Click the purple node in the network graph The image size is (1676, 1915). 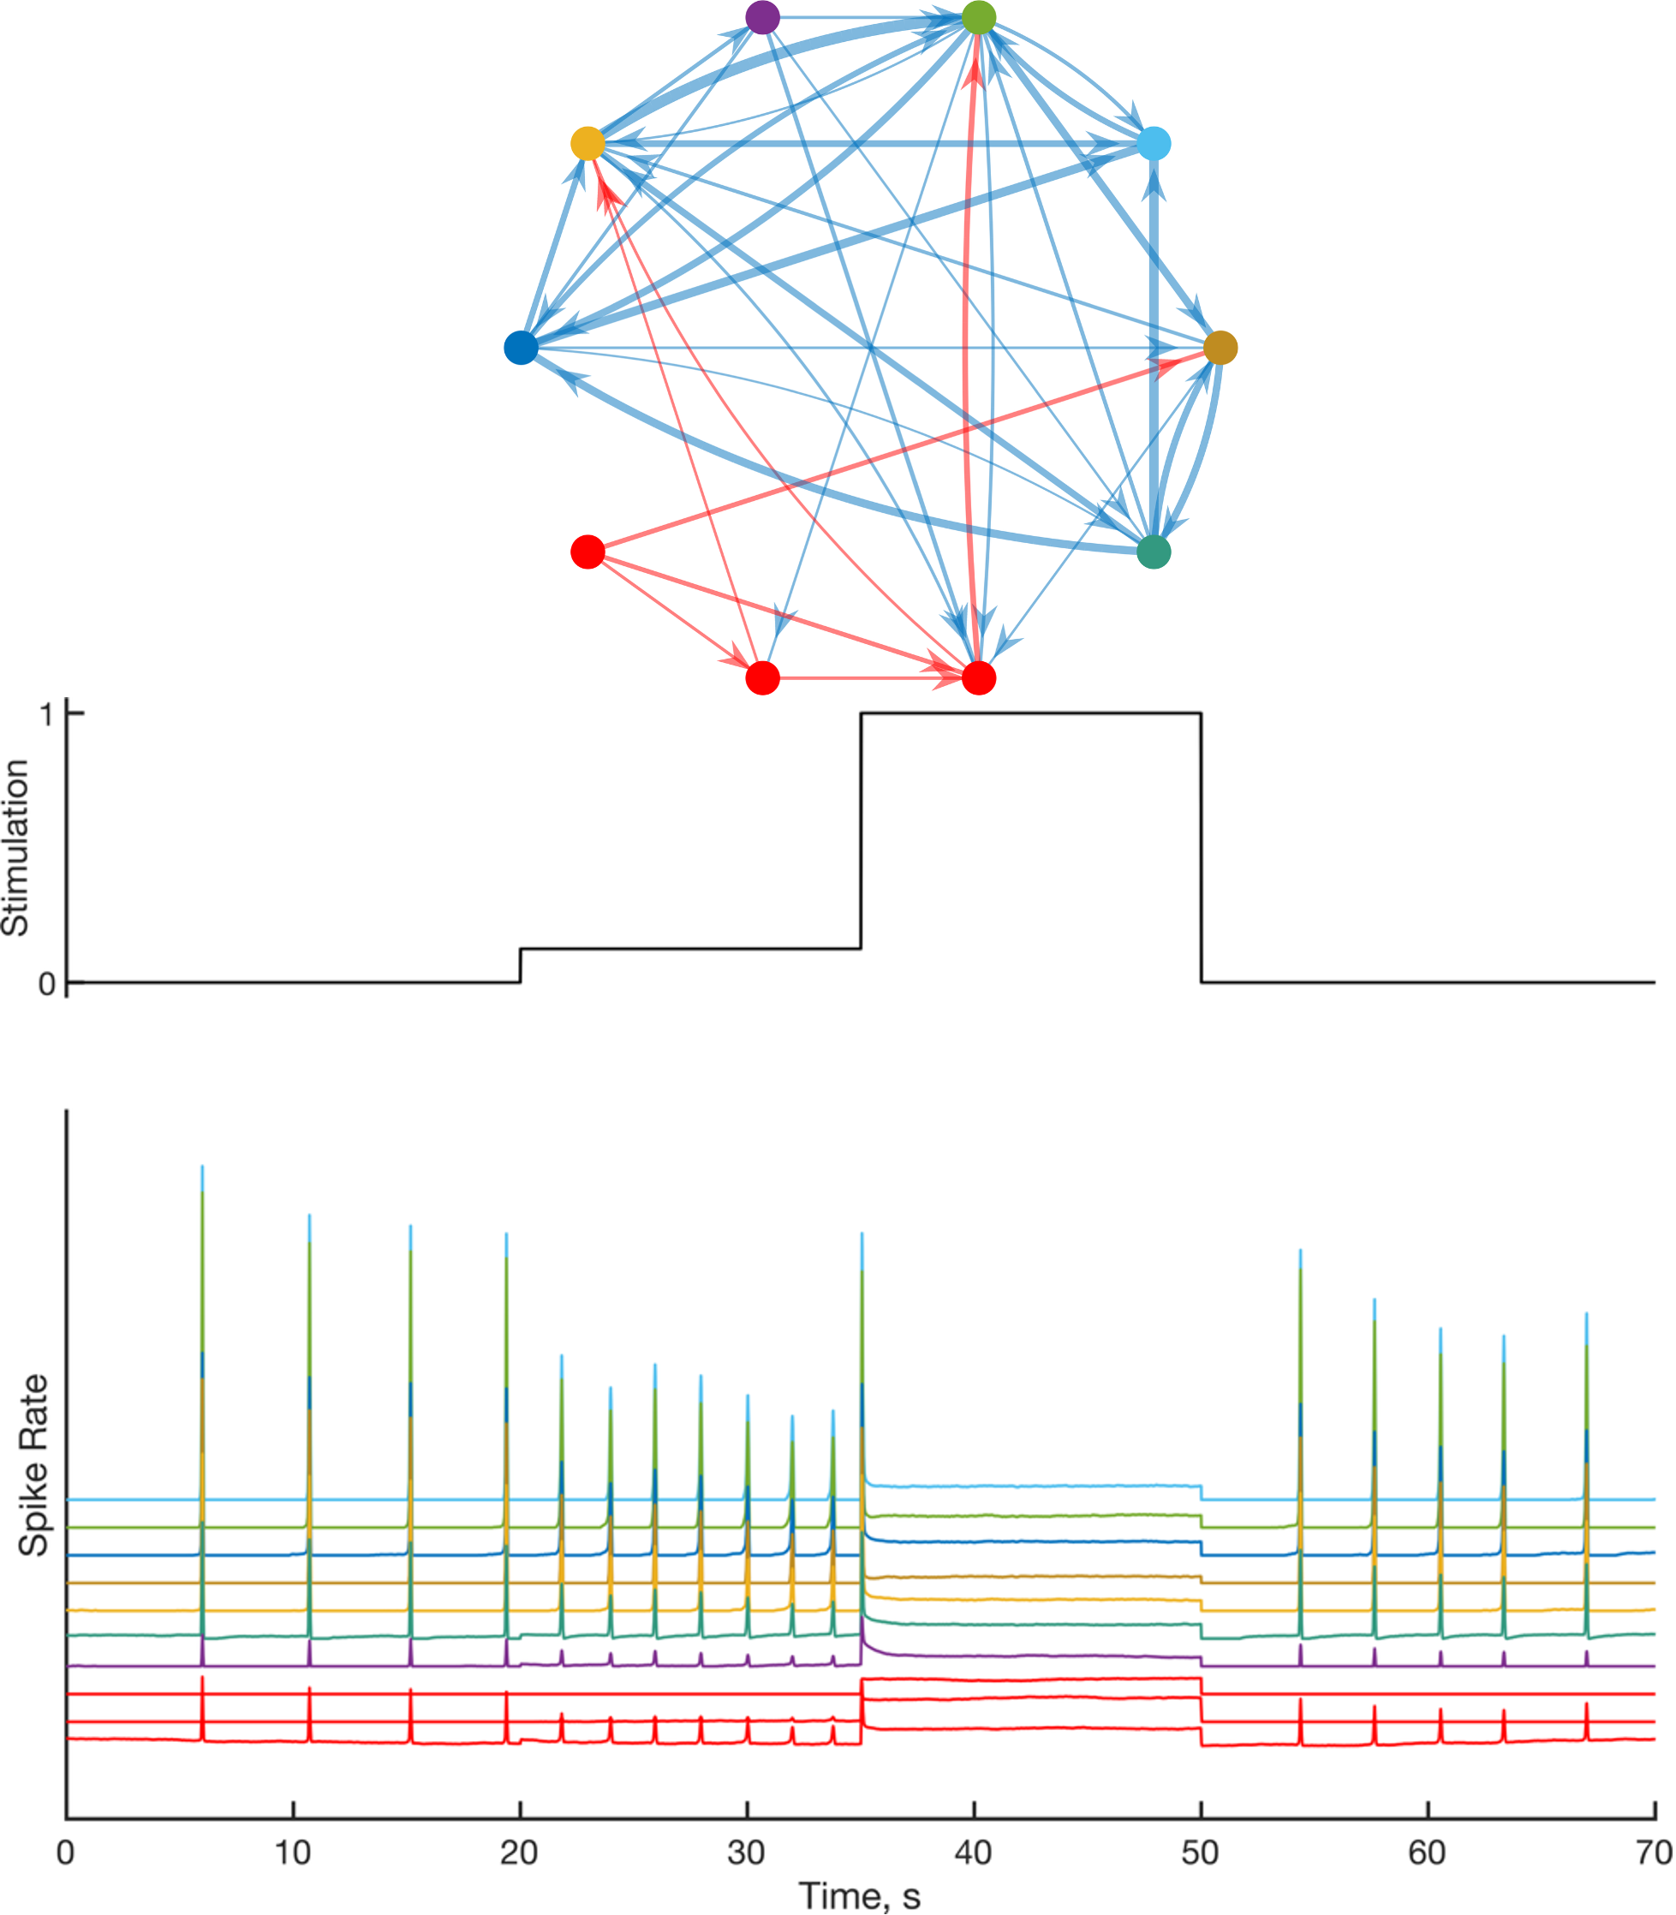click(762, 17)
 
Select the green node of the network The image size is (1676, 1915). click(978, 17)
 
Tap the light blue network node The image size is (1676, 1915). click(1154, 144)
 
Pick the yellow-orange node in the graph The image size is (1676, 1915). click(587, 144)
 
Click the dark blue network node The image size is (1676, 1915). click(521, 347)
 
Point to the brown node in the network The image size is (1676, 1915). click(1220, 347)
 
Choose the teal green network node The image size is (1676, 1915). click(1154, 552)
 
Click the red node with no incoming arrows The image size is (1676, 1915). click(587, 552)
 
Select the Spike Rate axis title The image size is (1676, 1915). click(34, 1465)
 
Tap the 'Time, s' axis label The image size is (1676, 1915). click(860, 1896)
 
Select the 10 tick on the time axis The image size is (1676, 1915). click(293, 1852)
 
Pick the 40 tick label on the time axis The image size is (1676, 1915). click(974, 1852)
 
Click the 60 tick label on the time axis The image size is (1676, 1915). click(1428, 1852)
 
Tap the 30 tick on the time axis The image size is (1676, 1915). click(746, 1852)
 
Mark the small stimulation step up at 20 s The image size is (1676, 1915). click(520, 966)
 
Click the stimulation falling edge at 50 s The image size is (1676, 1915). click(1201, 847)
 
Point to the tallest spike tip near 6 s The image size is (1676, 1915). click(202, 1167)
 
